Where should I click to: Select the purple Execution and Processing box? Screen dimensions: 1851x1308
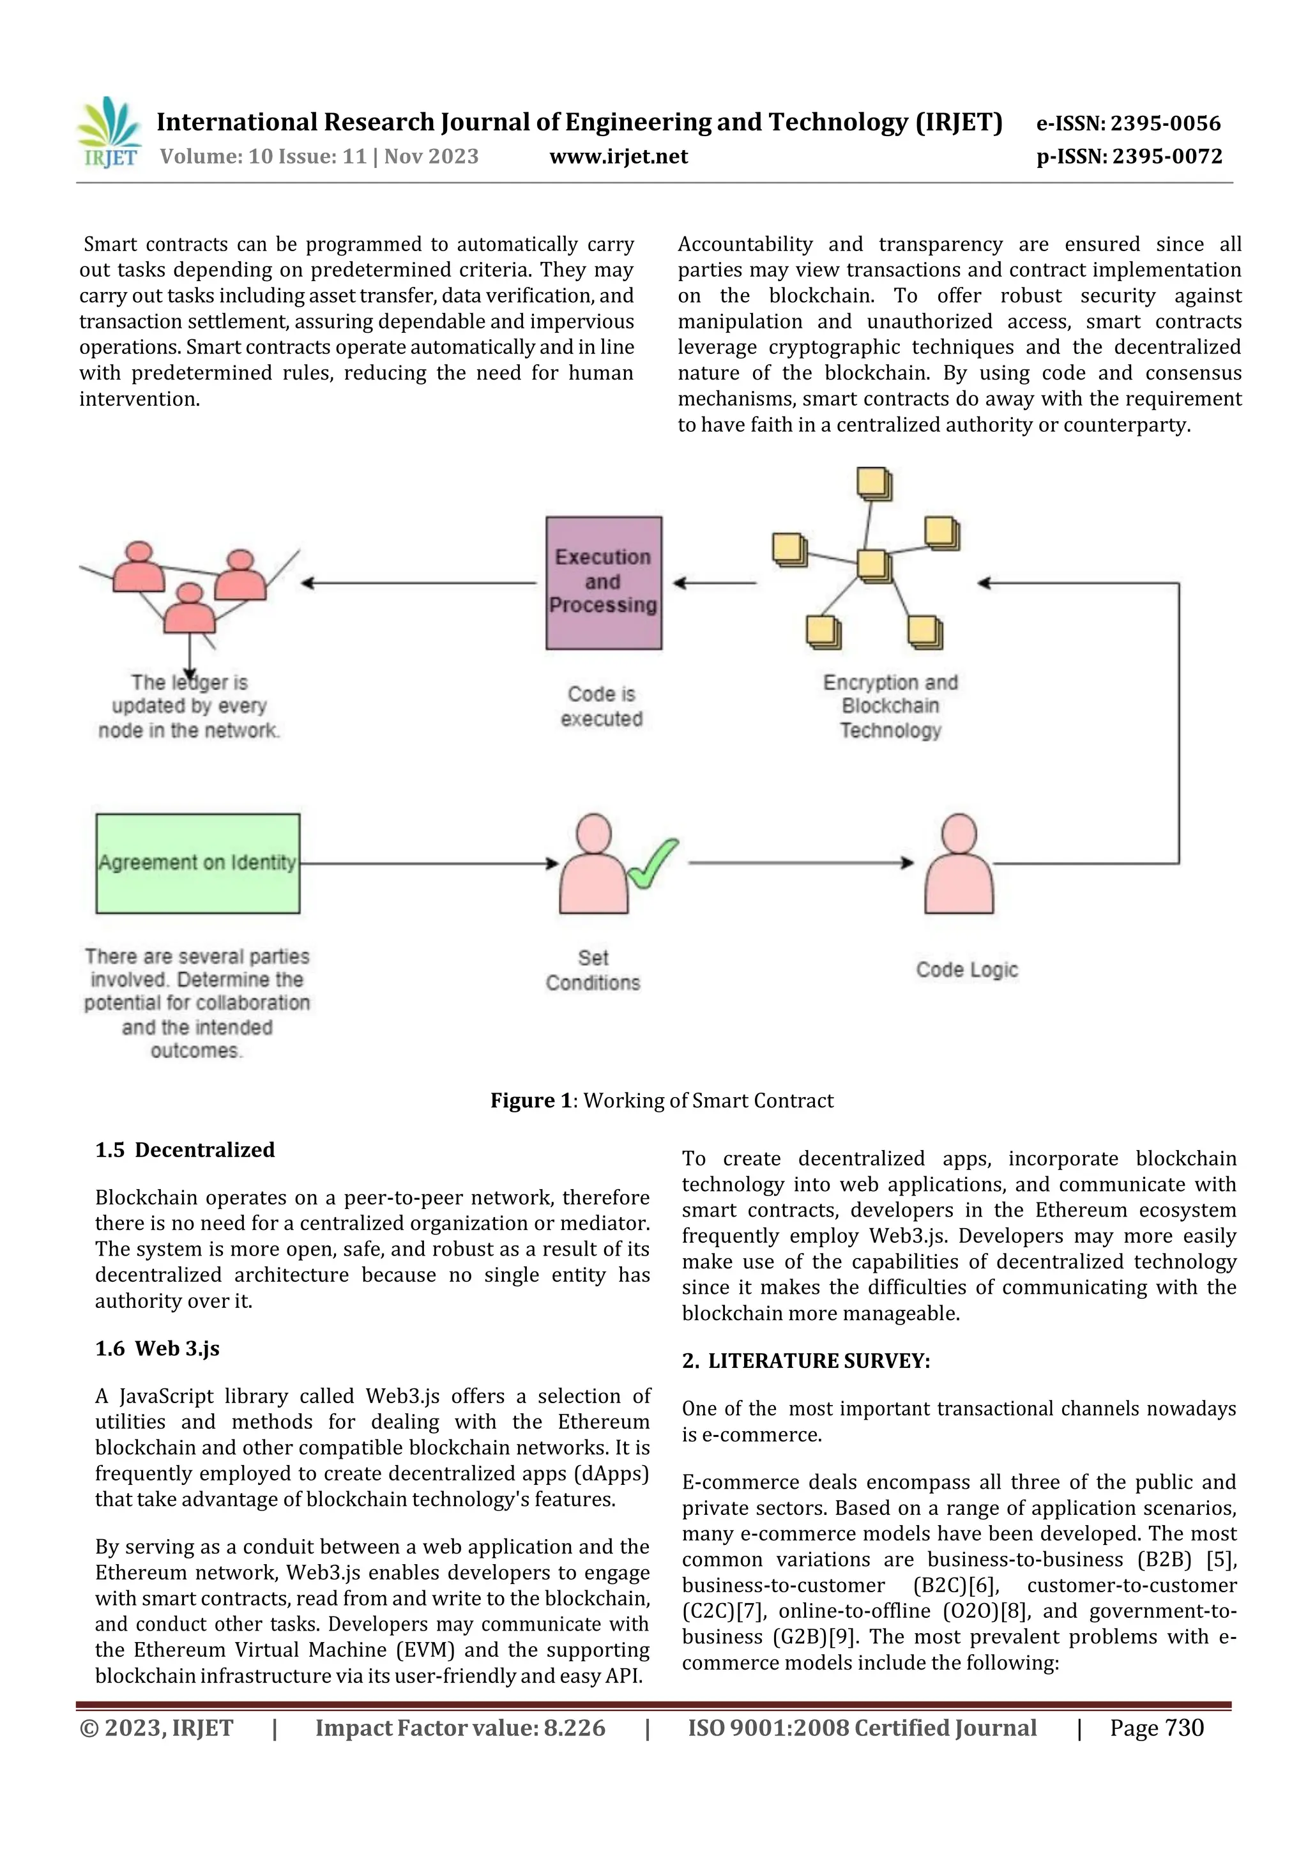604,583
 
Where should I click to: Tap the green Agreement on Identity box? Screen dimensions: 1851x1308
197,863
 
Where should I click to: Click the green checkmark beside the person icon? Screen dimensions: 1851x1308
653,863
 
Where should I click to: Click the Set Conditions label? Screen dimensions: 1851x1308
593,970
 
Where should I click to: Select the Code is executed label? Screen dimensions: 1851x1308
602,706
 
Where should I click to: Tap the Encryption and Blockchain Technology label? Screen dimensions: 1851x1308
890,706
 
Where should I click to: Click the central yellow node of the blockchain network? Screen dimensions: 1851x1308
874,565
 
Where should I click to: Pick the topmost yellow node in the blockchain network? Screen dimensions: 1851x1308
874,484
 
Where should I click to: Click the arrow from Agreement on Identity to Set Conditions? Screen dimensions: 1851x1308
427,863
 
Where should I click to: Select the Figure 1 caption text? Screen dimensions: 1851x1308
662,1100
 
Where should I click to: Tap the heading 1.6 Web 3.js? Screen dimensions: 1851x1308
157,1348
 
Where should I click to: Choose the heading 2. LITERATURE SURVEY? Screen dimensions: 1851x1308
806,1361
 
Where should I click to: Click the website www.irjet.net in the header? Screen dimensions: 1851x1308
618,157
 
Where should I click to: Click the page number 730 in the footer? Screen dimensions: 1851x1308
1184,1728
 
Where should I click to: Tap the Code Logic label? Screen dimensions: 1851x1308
967,969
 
